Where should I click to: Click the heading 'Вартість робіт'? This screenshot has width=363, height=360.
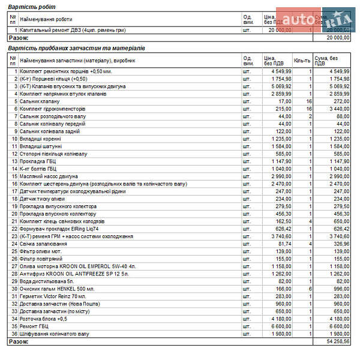[32, 7]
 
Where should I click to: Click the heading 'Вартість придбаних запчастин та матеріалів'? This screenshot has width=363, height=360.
[76, 48]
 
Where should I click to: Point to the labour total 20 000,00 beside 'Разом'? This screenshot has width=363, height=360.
[337, 37]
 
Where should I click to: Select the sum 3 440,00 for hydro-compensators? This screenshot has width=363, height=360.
[338, 109]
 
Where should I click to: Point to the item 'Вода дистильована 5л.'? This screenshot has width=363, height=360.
[46, 281]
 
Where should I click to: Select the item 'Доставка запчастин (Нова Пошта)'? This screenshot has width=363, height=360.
[61, 304]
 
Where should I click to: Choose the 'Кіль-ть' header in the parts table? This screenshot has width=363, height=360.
[302, 61]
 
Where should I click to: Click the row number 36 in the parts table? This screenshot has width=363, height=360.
[14, 334]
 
